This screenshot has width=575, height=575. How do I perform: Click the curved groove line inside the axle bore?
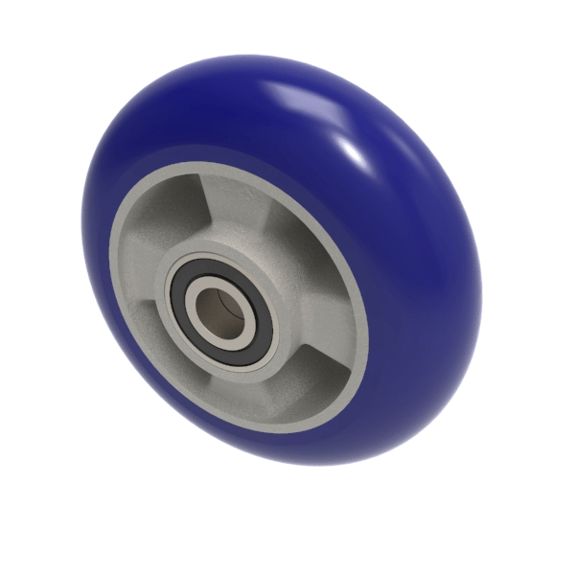(228, 307)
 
